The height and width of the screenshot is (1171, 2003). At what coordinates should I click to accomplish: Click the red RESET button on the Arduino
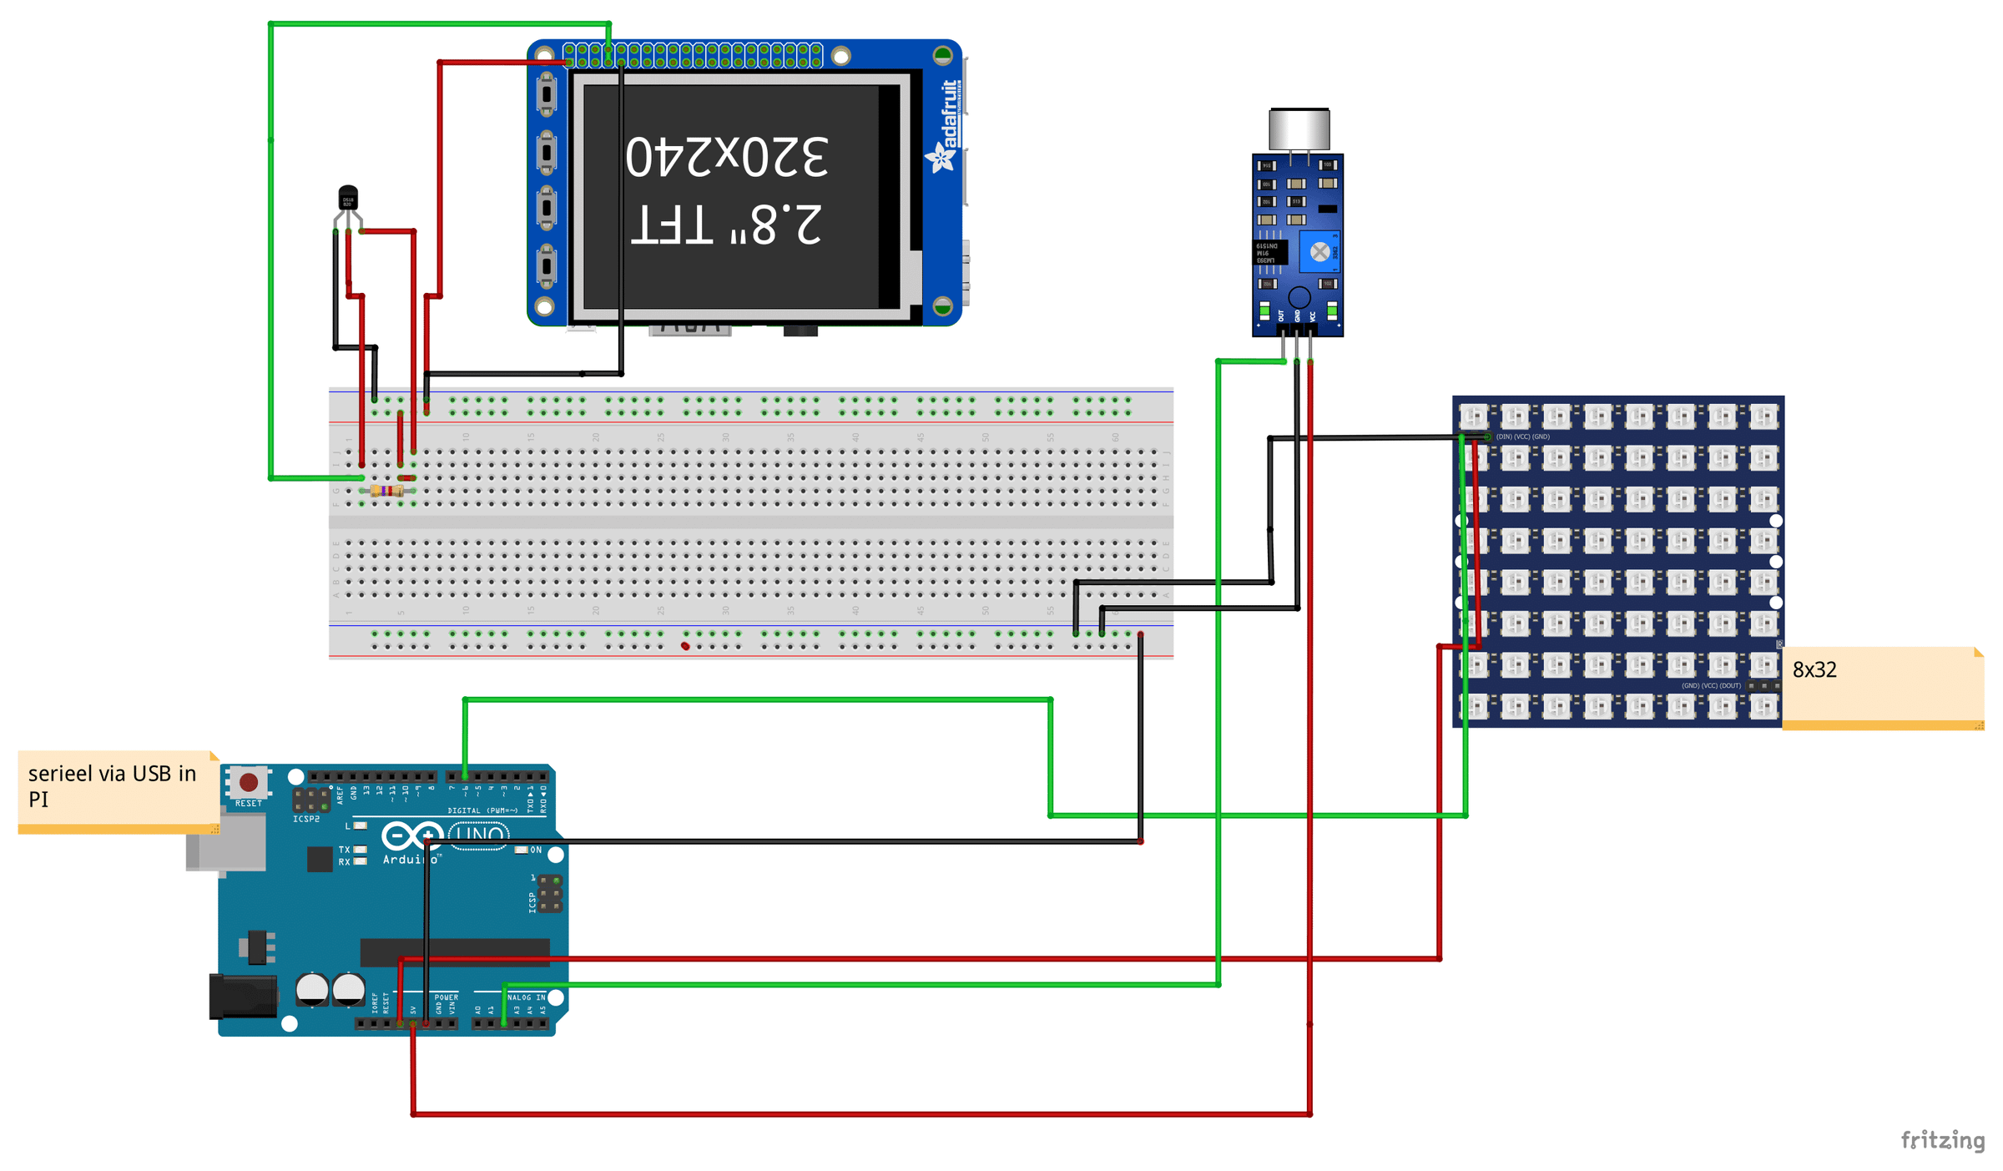(x=248, y=782)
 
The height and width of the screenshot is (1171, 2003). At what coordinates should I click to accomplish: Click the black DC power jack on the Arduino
(x=242, y=997)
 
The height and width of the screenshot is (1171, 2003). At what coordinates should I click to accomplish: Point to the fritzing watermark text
(x=1942, y=1139)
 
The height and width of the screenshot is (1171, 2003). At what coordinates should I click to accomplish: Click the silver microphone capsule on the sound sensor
(x=1299, y=129)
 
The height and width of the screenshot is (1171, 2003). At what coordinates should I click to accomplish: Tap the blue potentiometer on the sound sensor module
(x=1319, y=251)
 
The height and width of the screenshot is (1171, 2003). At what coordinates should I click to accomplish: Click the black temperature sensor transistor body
(x=348, y=198)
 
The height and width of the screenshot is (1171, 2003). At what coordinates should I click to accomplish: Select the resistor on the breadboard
(x=386, y=491)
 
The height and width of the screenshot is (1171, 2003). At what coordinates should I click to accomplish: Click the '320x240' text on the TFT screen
(x=726, y=157)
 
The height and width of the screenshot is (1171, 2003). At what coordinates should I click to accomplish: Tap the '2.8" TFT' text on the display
(x=726, y=224)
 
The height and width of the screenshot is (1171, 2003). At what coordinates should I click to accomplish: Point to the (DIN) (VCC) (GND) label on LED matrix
(x=1522, y=437)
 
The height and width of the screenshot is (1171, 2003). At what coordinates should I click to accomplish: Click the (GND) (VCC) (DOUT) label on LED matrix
(x=1710, y=685)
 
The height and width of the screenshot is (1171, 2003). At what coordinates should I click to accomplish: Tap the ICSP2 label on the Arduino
(x=306, y=819)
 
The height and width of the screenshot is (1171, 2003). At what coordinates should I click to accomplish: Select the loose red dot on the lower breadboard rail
(x=685, y=646)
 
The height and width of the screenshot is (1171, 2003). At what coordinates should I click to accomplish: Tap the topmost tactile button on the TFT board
(x=547, y=93)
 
